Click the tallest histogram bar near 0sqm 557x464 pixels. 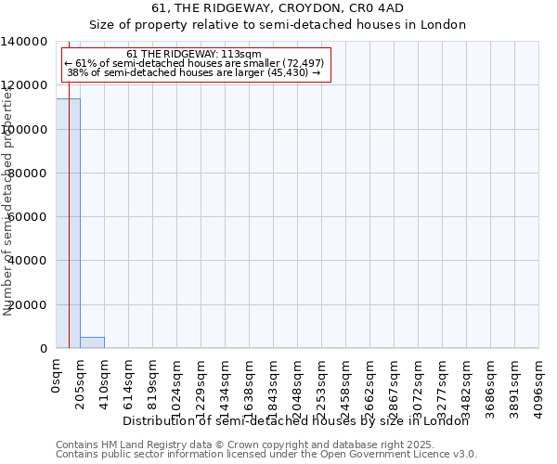click(x=68, y=223)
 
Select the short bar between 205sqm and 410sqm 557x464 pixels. click(x=92, y=342)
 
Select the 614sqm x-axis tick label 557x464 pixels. click(x=129, y=380)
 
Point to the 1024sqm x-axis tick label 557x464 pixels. click(x=177, y=384)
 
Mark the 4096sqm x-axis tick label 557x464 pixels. click(x=539, y=384)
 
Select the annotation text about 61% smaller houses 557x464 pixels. click(x=194, y=63)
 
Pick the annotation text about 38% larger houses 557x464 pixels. click(x=194, y=72)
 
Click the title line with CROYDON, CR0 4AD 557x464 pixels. click(x=278, y=8)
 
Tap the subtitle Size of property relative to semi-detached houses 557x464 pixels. click(x=278, y=25)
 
